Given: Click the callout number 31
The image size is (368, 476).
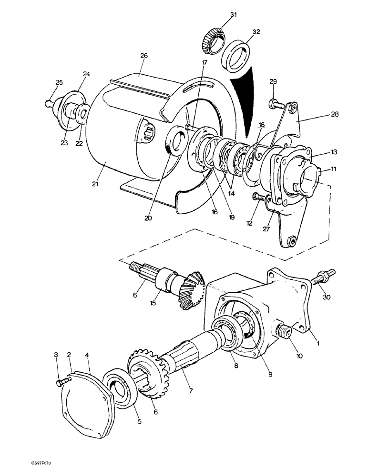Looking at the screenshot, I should point(233,15).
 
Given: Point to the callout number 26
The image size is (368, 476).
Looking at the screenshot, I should point(144,56).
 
